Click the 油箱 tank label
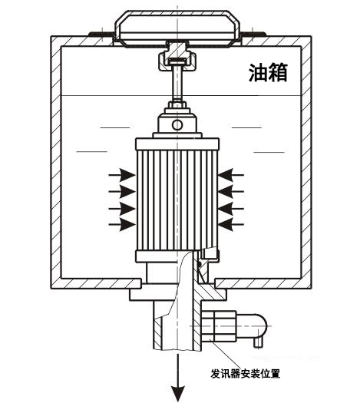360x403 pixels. pyautogui.click(x=268, y=73)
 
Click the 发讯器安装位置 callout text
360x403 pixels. pyautogui.click(x=246, y=373)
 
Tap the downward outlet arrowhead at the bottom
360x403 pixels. pyautogui.click(x=178, y=393)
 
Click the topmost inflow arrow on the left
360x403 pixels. pyautogui.click(x=122, y=175)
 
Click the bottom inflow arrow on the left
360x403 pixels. pyautogui.click(x=122, y=225)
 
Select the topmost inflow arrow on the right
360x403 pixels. pyautogui.click(x=231, y=175)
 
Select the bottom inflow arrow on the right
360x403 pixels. pyautogui.click(x=231, y=225)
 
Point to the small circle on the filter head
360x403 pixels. pyautogui.click(x=177, y=125)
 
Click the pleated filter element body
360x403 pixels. pyautogui.click(x=177, y=200)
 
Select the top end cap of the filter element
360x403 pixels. pyautogui.click(x=177, y=144)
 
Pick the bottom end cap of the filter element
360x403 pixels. pyautogui.click(x=177, y=256)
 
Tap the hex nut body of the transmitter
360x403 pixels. pyautogui.click(x=219, y=326)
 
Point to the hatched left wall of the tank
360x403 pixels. pyautogui.click(x=56, y=162)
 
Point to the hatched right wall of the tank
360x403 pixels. pyautogui.click(x=306, y=162)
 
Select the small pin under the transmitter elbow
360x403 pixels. pyautogui.click(x=258, y=342)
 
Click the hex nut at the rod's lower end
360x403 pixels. pyautogui.click(x=177, y=104)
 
